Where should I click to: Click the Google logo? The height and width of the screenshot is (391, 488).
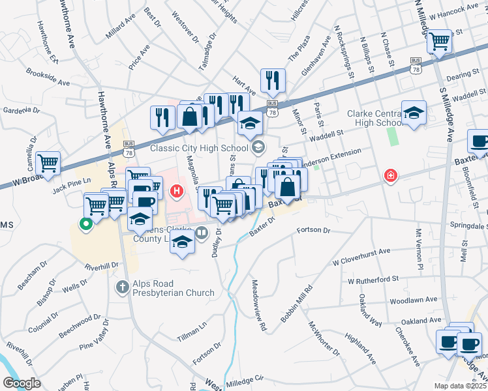22,384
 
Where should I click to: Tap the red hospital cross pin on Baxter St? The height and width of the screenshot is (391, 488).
390,176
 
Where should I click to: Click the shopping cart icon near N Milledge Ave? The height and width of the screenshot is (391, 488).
440,40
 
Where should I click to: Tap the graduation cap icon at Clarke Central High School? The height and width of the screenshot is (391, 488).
414,112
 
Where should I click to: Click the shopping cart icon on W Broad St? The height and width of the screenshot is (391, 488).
48,163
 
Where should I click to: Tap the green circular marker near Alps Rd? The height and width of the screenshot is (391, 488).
85,225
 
